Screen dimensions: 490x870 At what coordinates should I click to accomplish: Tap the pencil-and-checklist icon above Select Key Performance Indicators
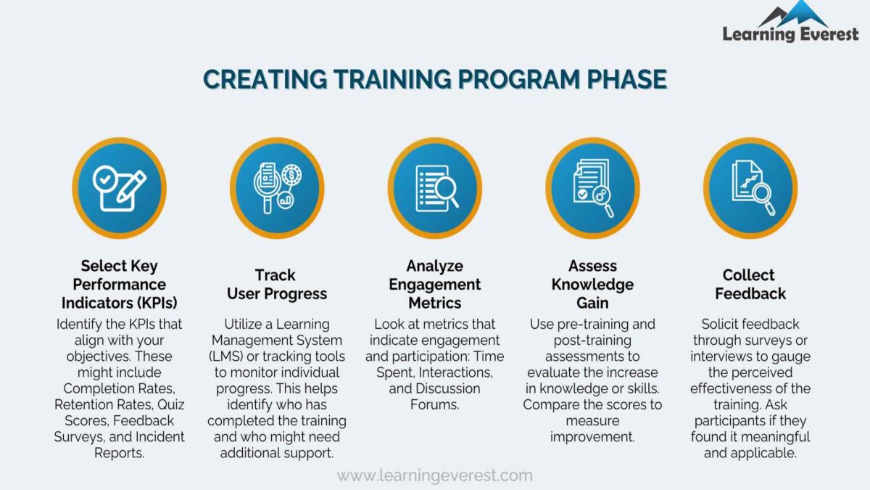(x=120, y=188)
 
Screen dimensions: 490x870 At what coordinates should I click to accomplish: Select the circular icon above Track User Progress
(x=277, y=188)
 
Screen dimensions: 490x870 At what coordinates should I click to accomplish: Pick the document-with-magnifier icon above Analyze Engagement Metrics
(x=434, y=188)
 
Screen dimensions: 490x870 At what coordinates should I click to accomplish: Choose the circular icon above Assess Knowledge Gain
(x=592, y=188)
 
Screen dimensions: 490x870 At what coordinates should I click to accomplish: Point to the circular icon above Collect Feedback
(x=750, y=188)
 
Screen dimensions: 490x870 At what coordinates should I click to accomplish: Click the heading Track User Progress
(x=277, y=284)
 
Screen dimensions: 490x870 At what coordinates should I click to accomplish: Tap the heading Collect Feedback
(x=750, y=284)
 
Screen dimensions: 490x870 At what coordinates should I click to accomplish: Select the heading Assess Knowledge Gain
(x=592, y=284)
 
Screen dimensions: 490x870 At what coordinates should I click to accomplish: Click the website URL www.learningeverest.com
(x=434, y=476)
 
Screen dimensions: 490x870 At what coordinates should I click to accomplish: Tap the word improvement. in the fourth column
(x=592, y=436)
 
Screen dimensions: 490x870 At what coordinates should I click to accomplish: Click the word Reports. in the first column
(x=120, y=452)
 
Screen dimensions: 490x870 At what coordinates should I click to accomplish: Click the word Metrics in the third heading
(x=434, y=302)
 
